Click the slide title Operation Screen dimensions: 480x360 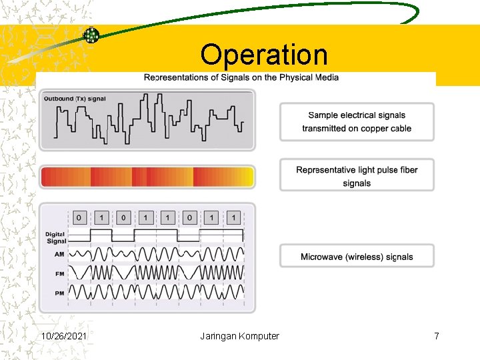tap(264, 55)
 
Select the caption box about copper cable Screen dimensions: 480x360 tap(357, 122)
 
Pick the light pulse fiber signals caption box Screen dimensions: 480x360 tap(357, 176)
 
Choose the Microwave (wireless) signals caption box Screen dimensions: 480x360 tap(357, 257)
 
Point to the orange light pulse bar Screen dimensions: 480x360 tap(147, 177)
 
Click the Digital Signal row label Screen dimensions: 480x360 tap(56, 237)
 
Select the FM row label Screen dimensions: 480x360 tap(59, 274)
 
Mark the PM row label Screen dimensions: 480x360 tap(59, 293)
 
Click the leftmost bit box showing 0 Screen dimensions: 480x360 tap(80, 217)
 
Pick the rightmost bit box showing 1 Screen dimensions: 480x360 tap(233, 217)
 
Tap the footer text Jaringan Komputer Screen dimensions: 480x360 tap(239, 336)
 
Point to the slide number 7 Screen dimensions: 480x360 tap(436, 336)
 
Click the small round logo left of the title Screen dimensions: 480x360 tap(91, 35)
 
